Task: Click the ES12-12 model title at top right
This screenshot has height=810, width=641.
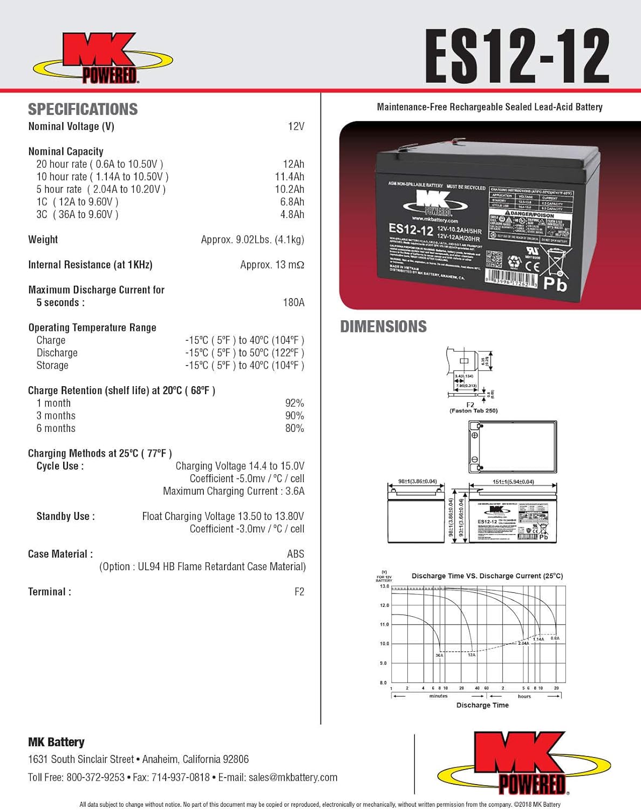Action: [517, 57]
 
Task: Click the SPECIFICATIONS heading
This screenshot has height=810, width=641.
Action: [83, 109]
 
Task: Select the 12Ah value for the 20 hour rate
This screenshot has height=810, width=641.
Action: [293, 164]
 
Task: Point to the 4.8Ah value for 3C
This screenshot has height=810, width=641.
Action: [292, 214]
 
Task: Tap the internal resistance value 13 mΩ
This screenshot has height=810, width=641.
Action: [272, 265]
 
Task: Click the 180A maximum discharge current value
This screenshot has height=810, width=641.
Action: [294, 302]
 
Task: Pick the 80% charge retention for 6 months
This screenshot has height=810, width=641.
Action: [294, 428]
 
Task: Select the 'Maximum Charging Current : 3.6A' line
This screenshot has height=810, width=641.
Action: [234, 491]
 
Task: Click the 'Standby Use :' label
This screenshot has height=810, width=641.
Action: [65, 516]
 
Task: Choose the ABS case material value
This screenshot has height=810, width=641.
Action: [295, 554]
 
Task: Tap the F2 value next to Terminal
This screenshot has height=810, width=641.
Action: [299, 592]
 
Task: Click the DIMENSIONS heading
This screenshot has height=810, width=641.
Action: [383, 327]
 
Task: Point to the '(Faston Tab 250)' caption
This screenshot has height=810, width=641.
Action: [473, 411]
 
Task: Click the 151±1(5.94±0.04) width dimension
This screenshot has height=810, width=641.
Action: [513, 481]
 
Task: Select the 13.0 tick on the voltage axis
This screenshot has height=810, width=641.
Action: [384, 586]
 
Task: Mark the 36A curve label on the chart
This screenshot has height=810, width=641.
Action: [439, 655]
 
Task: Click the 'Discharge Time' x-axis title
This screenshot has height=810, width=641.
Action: [482, 705]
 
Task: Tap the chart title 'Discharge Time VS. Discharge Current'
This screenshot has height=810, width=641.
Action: [487, 576]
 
